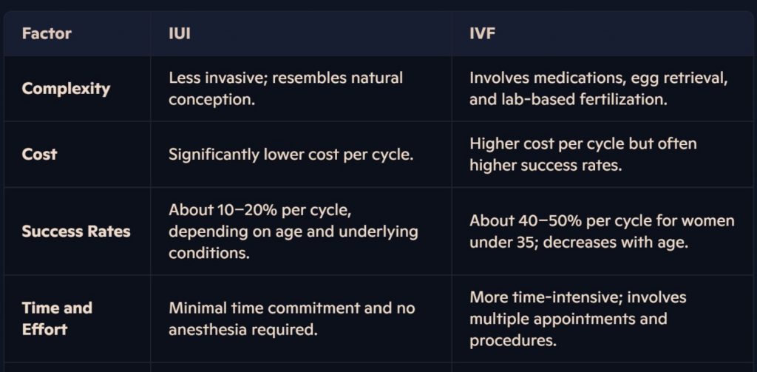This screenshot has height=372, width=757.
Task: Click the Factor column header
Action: (47, 34)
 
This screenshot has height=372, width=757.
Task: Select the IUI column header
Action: (179, 34)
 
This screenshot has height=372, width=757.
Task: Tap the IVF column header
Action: (482, 34)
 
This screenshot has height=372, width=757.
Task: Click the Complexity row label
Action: (66, 89)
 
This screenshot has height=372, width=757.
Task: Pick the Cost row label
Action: (40, 154)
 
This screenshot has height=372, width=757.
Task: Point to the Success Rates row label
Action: (76, 231)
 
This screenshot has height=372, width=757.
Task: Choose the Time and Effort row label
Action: (57, 318)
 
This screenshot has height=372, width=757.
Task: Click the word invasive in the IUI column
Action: (234, 78)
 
